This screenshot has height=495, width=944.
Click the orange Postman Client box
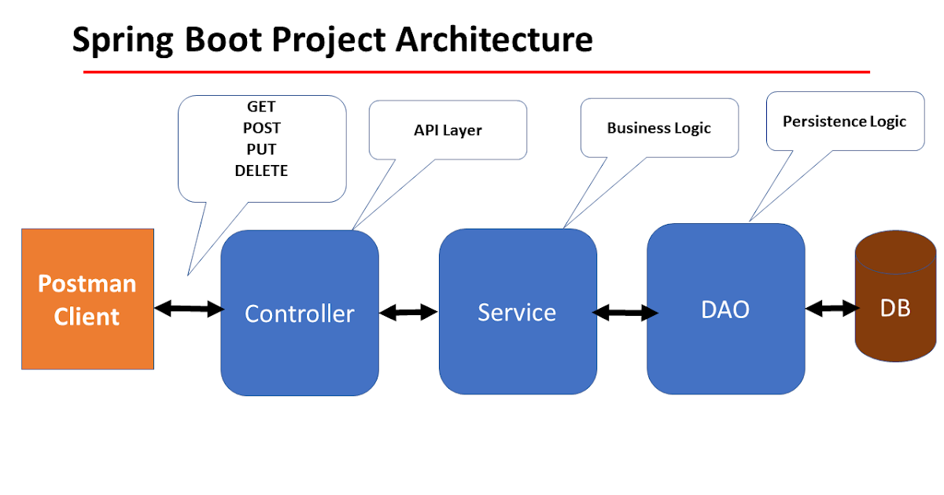pyautogui.click(x=87, y=299)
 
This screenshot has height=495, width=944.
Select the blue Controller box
pyautogui.click(x=300, y=313)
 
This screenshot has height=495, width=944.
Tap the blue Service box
pyautogui.click(x=517, y=311)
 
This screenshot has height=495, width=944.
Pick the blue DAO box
pyautogui.click(x=725, y=309)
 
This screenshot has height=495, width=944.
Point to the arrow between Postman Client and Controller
pyautogui.click(x=189, y=309)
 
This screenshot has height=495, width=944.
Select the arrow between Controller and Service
pyautogui.click(x=408, y=312)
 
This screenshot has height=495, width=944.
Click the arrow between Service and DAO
pyautogui.click(x=625, y=313)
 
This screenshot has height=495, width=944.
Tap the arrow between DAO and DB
pyautogui.click(x=832, y=308)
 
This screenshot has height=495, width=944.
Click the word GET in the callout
pyautogui.click(x=261, y=107)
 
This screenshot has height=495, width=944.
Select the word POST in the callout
pyautogui.click(x=261, y=128)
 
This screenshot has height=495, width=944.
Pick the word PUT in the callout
pyautogui.click(x=261, y=149)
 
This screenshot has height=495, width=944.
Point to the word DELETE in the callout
pyautogui.click(x=261, y=170)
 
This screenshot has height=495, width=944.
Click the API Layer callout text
pyautogui.click(x=448, y=130)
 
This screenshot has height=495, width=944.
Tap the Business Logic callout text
pyautogui.click(x=658, y=128)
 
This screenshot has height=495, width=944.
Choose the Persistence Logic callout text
pyautogui.click(x=844, y=122)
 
